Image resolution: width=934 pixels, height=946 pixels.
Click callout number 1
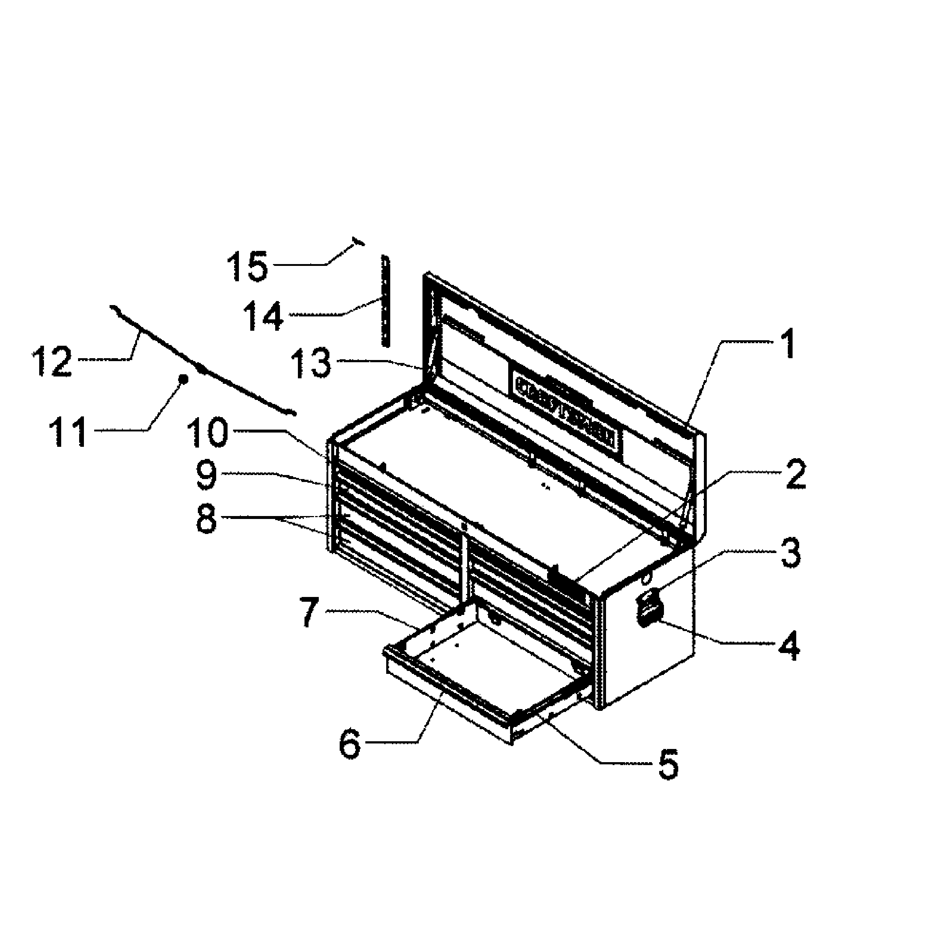(x=787, y=344)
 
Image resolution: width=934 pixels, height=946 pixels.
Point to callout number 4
(x=789, y=645)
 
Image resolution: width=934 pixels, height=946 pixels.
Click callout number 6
(x=350, y=743)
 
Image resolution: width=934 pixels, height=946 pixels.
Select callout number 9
(x=206, y=474)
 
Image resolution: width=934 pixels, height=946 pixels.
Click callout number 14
(x=264, y=315)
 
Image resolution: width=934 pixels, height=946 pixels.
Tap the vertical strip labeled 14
(x=386, y=301)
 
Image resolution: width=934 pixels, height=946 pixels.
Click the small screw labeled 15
(x=358, y=241)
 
